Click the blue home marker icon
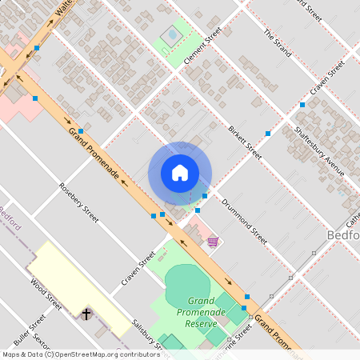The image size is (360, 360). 180,173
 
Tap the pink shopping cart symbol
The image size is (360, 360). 212,242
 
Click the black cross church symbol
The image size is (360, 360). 86,314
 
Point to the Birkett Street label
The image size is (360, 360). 245,142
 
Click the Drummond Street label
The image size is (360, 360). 244,222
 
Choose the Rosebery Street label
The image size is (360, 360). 79,202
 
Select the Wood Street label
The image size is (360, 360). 46,294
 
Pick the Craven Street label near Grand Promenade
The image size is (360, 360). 138,270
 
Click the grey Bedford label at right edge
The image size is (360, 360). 343,234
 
